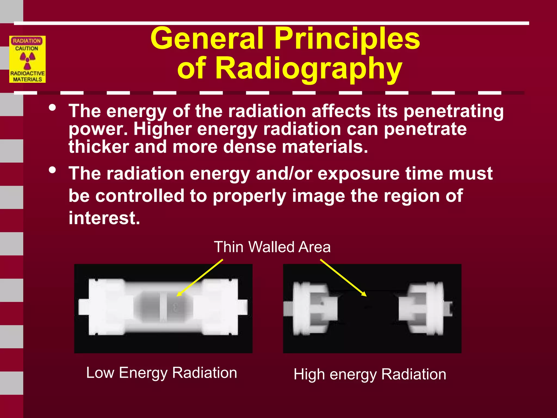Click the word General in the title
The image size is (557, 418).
[207, 39]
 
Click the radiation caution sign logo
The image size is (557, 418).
[27, 59]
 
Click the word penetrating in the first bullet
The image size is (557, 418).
[453, 112]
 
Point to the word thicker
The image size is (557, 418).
[98, 147]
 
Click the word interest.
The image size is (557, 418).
[104, 218]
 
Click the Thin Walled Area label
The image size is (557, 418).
[272, 247]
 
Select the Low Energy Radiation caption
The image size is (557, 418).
[162, 373]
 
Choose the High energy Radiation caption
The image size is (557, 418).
[370, 374]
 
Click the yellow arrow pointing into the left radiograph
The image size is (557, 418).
[200, 278]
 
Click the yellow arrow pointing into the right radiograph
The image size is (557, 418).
[343, 278]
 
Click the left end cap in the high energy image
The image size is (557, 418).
[310, 308]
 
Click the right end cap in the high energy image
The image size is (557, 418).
[424, 308]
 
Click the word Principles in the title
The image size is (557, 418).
[347, 39]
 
